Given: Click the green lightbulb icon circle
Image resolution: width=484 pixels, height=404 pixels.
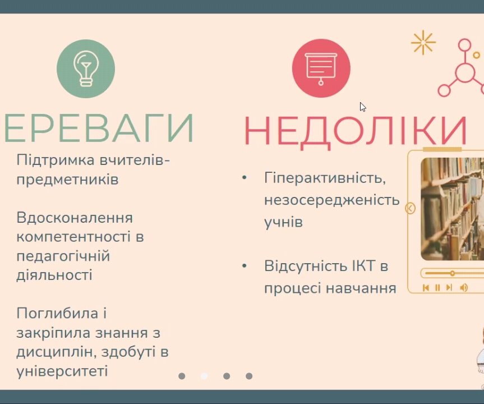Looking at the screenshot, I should [86, 69].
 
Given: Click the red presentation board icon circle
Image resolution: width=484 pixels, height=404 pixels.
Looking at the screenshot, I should [321, 68].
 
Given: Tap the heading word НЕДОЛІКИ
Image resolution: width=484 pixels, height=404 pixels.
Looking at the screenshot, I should [355, 130].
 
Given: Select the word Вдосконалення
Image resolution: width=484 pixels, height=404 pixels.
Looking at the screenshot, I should [75, 218].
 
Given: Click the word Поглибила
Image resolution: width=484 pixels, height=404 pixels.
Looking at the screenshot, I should [57, 313].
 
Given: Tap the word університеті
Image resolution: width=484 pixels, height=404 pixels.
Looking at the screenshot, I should [62, 371].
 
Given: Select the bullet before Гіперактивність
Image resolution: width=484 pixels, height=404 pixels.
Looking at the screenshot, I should [245, 178].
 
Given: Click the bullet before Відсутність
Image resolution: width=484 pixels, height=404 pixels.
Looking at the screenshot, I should [245, 265].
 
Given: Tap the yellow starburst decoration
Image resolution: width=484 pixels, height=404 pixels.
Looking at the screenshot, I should [423, 43].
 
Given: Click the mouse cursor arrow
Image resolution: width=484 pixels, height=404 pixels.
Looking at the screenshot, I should [362, 107].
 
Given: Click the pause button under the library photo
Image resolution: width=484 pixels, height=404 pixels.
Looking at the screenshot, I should [437, 288].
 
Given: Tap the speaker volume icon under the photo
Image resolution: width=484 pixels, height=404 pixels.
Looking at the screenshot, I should [463, 288].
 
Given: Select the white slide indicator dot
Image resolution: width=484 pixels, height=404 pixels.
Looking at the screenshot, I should [204, 376].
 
